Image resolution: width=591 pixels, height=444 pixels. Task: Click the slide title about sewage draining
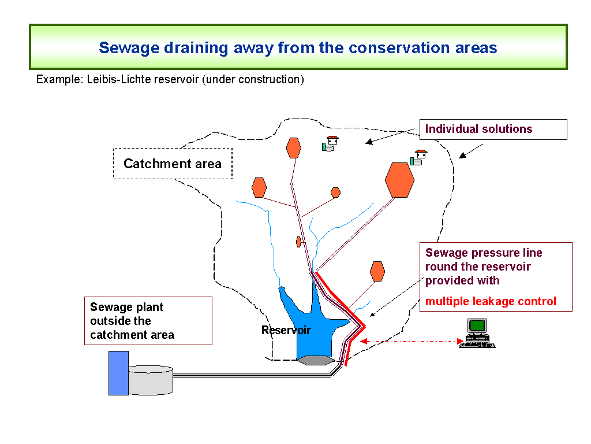(x=298, y=47)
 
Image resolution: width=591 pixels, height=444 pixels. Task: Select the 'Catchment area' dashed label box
(x=173, y=164)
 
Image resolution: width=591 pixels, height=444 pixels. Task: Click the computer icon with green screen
(x=477, y=333)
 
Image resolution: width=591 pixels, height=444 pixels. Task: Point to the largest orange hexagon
(x=399, y=180)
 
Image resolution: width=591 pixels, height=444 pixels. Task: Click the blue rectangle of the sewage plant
(x=118, y=373)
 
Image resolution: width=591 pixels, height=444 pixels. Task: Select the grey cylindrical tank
(x=151, y=380)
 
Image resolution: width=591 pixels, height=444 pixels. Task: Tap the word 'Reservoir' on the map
(x=286, y=330)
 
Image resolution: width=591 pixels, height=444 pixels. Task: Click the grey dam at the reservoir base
(x=316, y=360)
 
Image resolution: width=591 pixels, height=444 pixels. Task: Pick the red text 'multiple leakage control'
(x=491, y=301)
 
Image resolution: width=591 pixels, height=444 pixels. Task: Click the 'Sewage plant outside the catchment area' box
(x=148, y=321)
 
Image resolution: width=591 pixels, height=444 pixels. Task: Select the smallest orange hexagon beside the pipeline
(x=298, y=242)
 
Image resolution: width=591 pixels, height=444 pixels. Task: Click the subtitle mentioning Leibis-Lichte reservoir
(x=170, y=79)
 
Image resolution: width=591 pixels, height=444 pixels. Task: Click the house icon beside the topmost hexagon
(x=330, y=143)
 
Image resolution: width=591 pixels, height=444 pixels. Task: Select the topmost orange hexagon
(x=294, y=147)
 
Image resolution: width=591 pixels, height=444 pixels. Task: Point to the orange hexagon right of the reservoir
(x=377, y=271)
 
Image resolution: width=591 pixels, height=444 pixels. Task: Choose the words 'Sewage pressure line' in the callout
(x=484, y=253)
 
